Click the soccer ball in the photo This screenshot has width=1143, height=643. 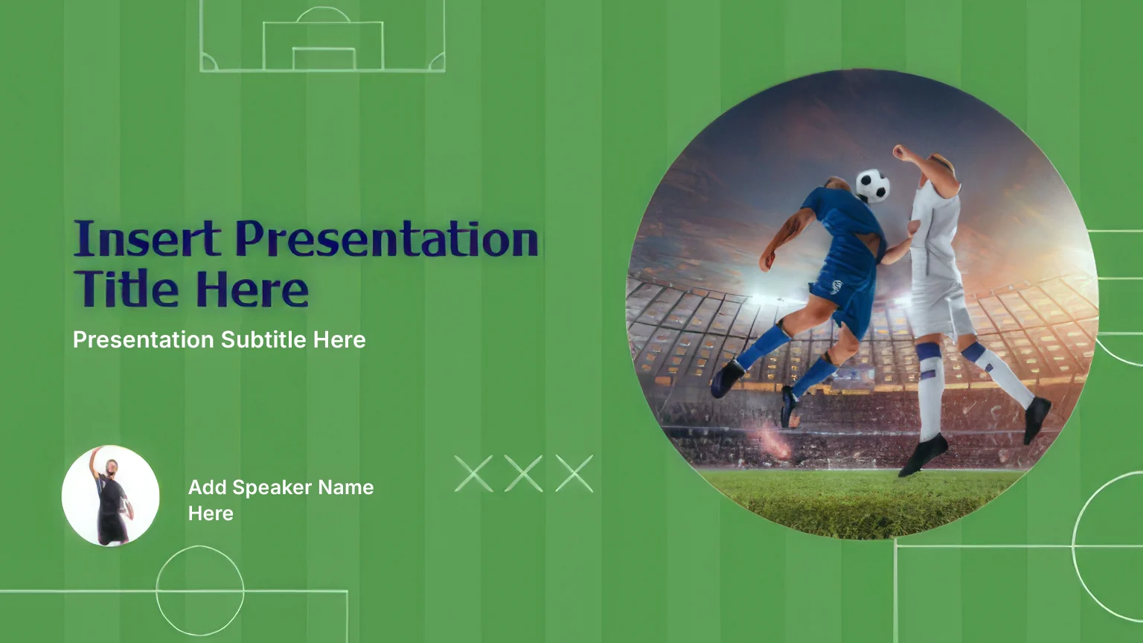[873, 185]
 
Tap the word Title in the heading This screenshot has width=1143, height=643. [126, 288]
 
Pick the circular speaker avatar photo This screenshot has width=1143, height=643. [110, 496]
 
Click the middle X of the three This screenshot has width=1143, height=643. [524, 473]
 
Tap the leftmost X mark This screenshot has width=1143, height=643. [473, 473]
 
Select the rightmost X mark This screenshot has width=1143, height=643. [574, 473]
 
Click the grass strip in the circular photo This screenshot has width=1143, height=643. [862, 502]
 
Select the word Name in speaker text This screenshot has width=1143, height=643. [346, 487]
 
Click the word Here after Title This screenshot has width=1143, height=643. [252, 289]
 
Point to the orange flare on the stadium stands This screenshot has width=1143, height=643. [775, 441]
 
